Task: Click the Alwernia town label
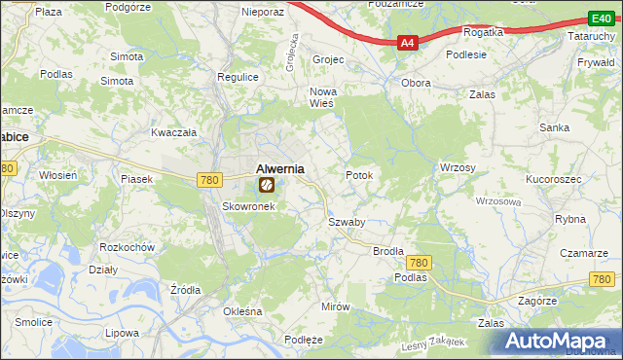279,167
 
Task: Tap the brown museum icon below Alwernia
266,184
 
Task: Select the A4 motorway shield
408,43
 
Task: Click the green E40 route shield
600,18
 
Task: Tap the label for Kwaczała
174,131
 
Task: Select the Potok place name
359,175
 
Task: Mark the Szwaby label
346,222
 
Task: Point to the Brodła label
388,250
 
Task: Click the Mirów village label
335,306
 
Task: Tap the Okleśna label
243,311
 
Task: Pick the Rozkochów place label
128,246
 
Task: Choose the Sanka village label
555,127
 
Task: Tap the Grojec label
328,59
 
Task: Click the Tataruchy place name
591,36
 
